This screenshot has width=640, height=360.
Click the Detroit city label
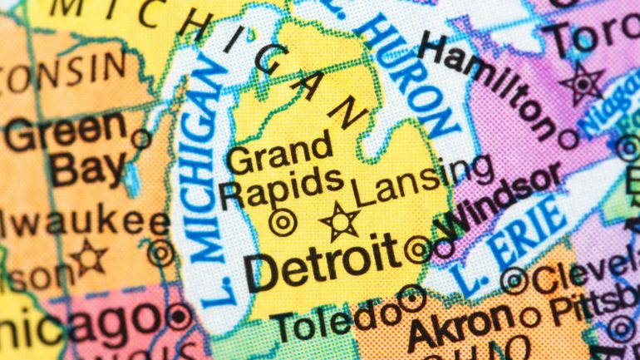pos(322,262)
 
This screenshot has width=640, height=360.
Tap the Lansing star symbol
pos(341,222)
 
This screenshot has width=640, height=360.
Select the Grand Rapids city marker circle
pos(283,222)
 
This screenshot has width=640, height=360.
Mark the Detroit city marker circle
pos(417,248)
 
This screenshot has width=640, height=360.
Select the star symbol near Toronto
pos(582,83)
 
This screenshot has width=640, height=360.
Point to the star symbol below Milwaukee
pos(88,257)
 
